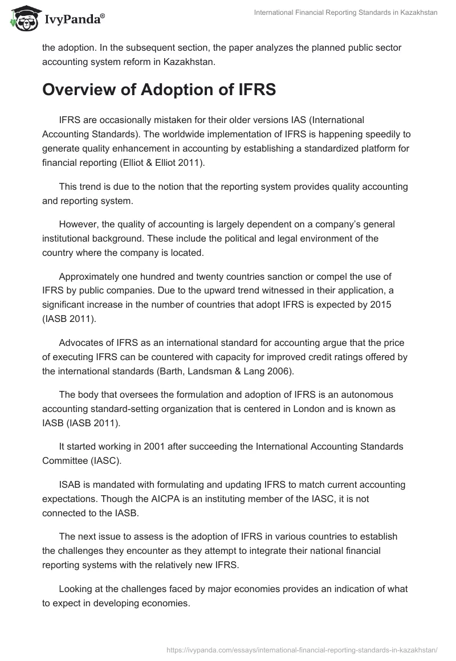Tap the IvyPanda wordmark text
(x=72, y=20)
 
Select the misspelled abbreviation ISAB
(x=71, y=484)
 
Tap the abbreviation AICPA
(x=169, y=498)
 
